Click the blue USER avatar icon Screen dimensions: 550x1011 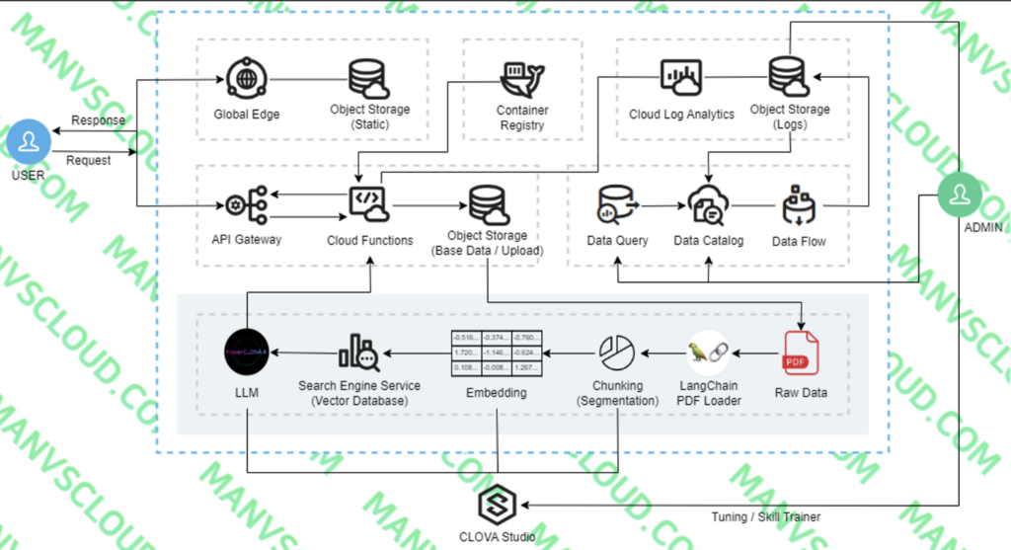click(x=29, y=141)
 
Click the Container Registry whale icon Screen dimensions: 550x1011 click(x=521, y=76)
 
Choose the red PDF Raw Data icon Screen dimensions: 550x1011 click(x=800, y=353)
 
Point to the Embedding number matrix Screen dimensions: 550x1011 click(x=496, y=353)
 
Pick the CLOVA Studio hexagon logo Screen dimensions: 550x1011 click(x=498, y=505)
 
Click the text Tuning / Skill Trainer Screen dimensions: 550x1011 click(x=765, y=516)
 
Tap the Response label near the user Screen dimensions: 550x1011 click(x=98, y=120)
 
